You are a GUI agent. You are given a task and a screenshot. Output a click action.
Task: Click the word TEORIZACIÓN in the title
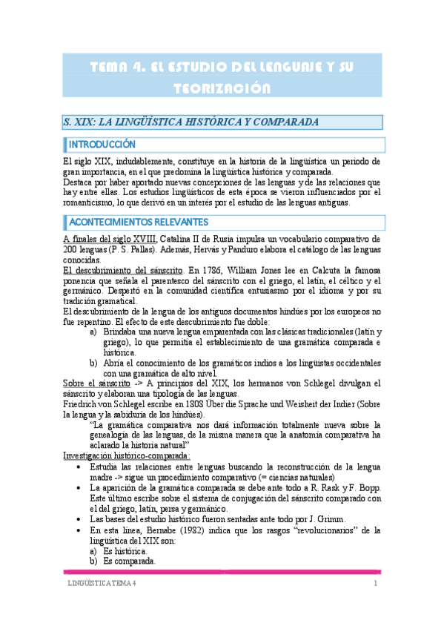pos(222,88)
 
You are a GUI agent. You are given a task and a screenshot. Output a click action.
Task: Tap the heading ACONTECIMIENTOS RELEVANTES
pos(139,222)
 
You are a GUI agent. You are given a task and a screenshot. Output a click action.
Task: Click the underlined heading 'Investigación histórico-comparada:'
pos(126,455)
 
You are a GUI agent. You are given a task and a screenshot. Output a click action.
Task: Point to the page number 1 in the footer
pos(376,584)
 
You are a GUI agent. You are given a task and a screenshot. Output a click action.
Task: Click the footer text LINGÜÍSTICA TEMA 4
pos(99,584)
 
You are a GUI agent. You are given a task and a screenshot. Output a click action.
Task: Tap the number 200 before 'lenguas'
pos(71,249)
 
